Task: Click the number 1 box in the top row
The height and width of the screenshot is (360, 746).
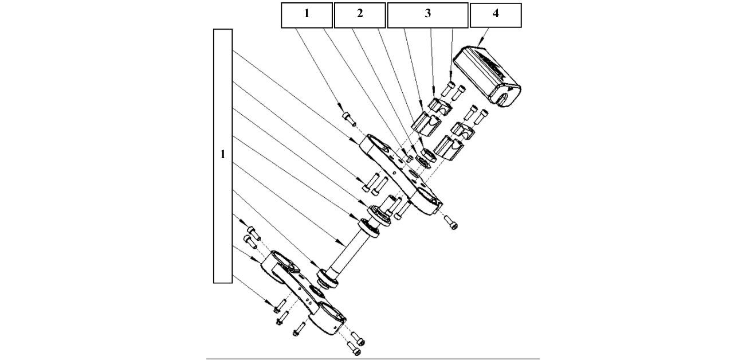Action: (306, 15)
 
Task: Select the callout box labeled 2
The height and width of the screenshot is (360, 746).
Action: (359, 15)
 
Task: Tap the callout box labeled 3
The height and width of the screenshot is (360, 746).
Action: (427, 15)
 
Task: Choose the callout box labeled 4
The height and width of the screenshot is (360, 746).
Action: (495, 15)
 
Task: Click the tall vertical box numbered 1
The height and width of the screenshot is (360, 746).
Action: (222, 155)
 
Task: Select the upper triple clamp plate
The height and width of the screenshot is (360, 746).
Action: (401, 175)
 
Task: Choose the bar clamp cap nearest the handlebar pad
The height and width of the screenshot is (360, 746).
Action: (464, 129)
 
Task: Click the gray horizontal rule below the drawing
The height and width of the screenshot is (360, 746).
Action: (372, 359)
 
